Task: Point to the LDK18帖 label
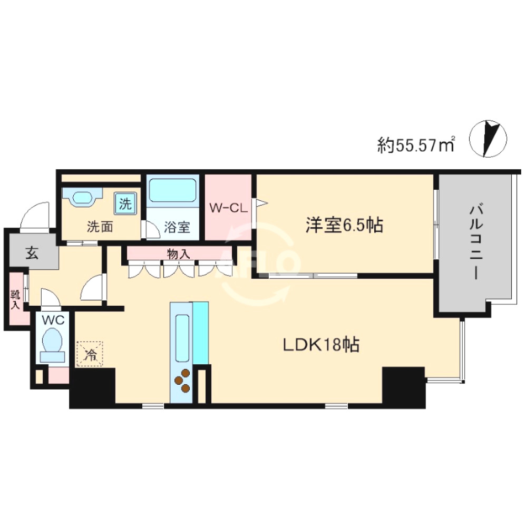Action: [322, 345]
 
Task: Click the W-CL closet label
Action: [228, 208]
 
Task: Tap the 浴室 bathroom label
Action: [177, 227]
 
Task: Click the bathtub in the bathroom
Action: [172, 191]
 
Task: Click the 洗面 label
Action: [99, 227]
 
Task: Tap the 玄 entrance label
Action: [32, 254]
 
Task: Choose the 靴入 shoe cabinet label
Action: [16, 299]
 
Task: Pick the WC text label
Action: [53, 319]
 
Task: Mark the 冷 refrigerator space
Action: [91, 354]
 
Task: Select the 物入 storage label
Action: [178, 254]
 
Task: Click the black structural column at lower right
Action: [403, 386]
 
